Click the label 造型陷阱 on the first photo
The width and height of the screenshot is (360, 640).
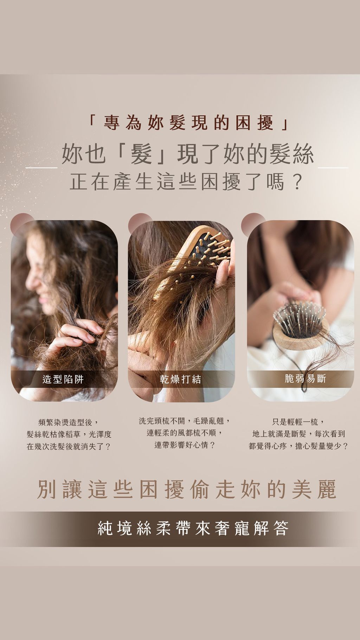[63, 379]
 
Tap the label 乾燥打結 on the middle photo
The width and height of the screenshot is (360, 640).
[181, 379]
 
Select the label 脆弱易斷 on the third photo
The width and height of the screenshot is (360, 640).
[306, 378]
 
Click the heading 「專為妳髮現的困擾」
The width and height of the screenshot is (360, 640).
[188, 123]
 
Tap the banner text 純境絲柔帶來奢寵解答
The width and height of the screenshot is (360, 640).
[193, 529]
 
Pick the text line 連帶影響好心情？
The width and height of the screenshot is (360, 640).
[185, 445]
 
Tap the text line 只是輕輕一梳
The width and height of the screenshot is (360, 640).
[298, 422]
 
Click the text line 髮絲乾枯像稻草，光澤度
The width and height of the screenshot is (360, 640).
[69, 434]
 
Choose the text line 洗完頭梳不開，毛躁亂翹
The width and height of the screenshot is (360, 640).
[185, 420]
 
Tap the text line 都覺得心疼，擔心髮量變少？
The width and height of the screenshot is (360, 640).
[298, 446]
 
